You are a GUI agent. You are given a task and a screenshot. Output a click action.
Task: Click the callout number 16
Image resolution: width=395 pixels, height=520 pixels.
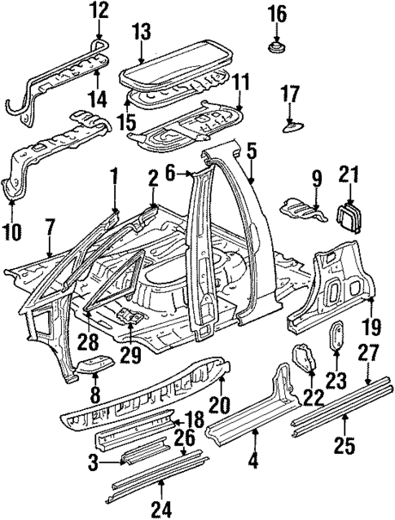tap(277, 13)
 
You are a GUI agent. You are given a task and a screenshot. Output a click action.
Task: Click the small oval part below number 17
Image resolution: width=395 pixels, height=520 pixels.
tap(293, 124)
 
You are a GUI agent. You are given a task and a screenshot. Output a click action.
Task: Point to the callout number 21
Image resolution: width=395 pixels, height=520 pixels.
tap(349, 174)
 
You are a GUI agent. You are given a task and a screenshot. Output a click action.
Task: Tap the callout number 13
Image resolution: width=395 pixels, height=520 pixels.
tap(142, 32)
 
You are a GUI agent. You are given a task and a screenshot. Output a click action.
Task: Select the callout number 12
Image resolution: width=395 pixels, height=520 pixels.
tap(99, 11)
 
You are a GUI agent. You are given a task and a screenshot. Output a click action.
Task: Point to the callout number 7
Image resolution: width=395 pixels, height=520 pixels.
tap(50, 226)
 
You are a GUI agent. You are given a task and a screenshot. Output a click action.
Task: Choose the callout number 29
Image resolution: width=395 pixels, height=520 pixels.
tap(129, 356)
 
